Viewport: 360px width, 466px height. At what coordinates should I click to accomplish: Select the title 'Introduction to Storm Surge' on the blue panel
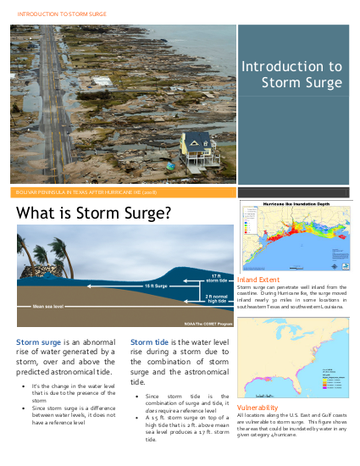tap(292, 75)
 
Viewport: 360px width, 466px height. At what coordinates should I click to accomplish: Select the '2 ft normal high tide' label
tap(216, 297)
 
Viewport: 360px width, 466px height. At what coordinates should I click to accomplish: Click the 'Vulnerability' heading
tap(258, 408)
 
